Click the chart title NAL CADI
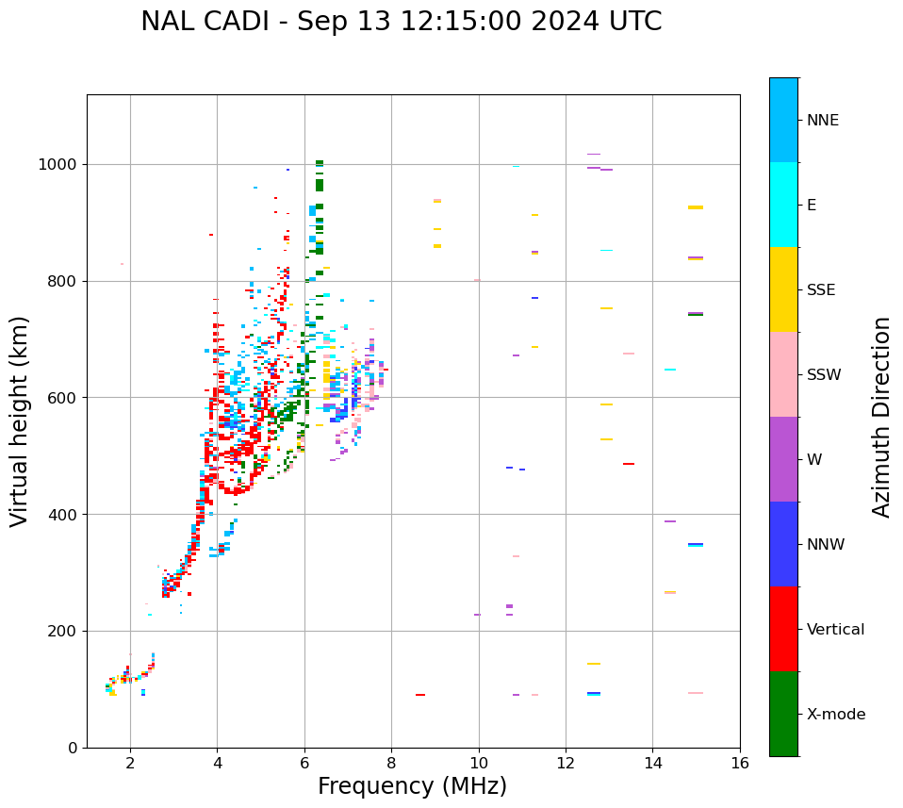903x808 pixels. click(401, 22)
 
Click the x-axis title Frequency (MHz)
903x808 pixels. click(412, 786)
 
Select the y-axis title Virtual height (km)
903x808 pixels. click(20, 420)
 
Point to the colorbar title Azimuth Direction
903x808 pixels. click(881, 417)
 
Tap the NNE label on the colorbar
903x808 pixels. click(822, 121)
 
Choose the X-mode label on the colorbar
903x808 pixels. click(835, 715)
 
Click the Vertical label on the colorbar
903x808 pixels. click(835, 630)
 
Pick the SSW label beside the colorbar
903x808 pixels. click(824, 375)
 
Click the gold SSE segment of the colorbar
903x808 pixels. click(783, 289)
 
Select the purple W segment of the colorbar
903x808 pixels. click(783, 459)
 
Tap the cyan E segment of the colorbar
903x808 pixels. click(783, 205)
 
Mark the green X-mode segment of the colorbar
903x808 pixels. click(783, 714)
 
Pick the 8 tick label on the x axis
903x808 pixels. click(391, 763)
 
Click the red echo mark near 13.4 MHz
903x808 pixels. click(628, 464)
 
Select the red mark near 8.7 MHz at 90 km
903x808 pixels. click(420, 695)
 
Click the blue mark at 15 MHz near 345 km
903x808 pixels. click(696, 544)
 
